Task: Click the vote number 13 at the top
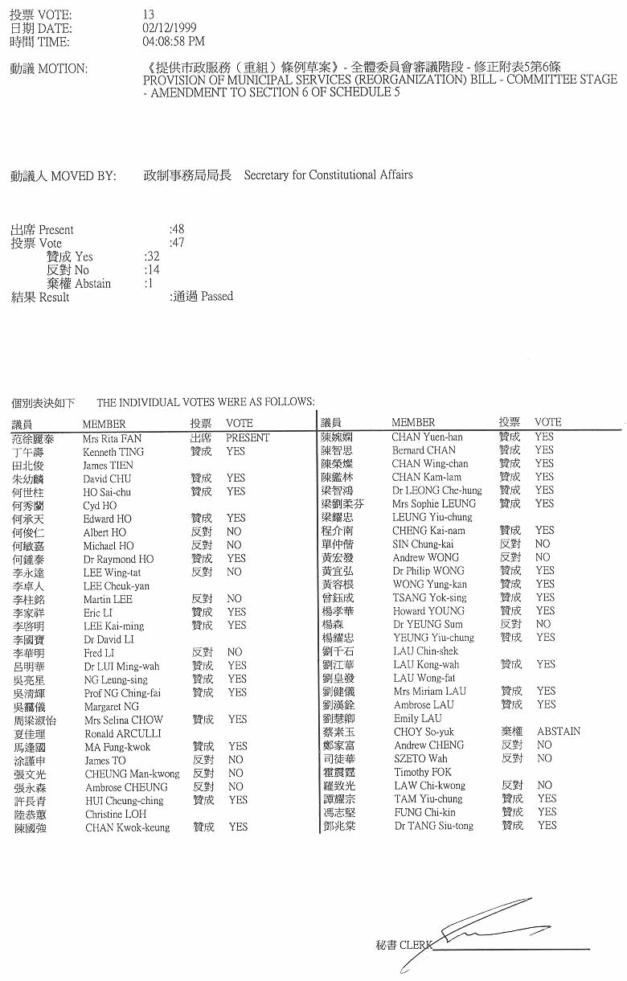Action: (x=148, y=15)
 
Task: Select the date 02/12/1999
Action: (x=164, y=28)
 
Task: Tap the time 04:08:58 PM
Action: (x=173, y=41)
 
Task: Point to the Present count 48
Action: (x=177, y=229)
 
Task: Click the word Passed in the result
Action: (x=217, y=297)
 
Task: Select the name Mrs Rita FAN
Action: (x=112, y=439)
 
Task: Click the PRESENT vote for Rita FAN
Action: (x=248, y=438)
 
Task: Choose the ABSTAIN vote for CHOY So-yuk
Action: (x=558, y=732)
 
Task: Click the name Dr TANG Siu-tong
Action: (x=433, y=826)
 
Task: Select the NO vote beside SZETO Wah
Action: (x=544, y=758)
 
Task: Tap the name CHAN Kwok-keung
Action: (x=127, y=827)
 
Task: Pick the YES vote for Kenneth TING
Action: (x=236, y=452)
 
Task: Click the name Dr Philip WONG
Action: (x=429, y=571)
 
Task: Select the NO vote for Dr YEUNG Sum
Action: (x=543, y=624)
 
